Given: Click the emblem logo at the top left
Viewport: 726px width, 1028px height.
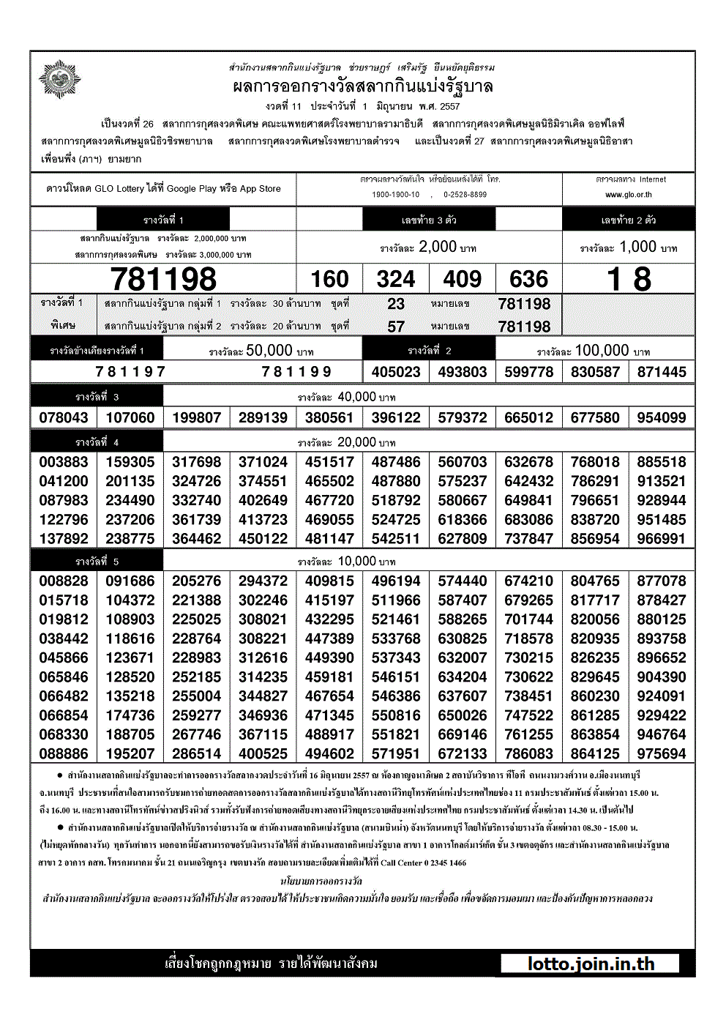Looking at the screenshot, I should point(60,80).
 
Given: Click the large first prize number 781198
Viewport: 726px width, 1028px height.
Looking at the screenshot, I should point(163,279).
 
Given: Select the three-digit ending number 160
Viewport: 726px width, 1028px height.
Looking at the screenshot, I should point(329,279).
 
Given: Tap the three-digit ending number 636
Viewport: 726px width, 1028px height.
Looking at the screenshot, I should point(528,279).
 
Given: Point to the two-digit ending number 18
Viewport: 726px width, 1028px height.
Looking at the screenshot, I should point(629,279).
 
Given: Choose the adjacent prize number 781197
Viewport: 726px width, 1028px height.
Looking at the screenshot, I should point(131,372).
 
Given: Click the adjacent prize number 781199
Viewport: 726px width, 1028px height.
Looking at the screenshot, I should point(296,372).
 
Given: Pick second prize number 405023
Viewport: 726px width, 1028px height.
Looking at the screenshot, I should point(396,372).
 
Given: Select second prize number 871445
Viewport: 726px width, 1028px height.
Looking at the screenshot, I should point(662,372).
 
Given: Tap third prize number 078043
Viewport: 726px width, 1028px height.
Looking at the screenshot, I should point(64,417).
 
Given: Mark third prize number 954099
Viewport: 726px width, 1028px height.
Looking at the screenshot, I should point(662,417).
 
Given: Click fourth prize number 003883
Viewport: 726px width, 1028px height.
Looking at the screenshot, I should point(64,462).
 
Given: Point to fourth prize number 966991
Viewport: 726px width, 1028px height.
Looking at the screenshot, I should point(662,539).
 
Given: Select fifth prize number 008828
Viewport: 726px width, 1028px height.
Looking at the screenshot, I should point(64,581).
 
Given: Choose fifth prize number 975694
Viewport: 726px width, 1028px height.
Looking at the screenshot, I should point(662,753).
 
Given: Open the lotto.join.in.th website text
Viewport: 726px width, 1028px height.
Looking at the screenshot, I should point(591,964).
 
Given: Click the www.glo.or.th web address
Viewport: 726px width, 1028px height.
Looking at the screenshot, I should point(628,195).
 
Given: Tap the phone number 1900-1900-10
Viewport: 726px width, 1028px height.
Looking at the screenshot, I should point(396,195).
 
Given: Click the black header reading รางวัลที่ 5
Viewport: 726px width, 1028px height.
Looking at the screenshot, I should point(97,561).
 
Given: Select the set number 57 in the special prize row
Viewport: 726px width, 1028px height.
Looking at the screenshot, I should point(396,327).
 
